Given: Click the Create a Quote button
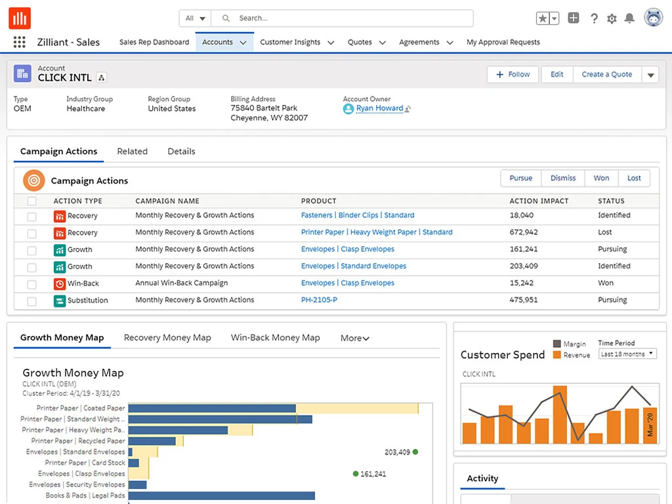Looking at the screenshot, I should pyautogui.click(x=606, y=75).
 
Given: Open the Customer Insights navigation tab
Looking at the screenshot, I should pyautogui.click(x=290, y=42).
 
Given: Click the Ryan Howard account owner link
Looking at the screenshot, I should pyautogui.click(x=379, y=108).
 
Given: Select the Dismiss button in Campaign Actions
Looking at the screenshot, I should pyautogui.click(x=562, y=178).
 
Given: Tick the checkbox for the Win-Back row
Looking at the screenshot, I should pyautogui.click(x=32, y=284).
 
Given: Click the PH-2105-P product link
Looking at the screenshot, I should pyautogui.click(x=319, y=300).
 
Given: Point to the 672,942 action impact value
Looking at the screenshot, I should pyautogui.click(x=524, y=232).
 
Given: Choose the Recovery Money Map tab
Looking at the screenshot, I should pyautogui.click(x=167, y=338).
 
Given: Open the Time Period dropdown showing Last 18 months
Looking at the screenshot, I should pyautogui.click(x=627, y=354).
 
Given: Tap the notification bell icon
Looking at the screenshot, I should pyautogui.click(x=629, y=18).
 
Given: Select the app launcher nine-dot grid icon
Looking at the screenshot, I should pyautogui.click(x=20, y=42).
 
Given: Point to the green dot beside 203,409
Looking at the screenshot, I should pyautogui.click(x=415, y=452).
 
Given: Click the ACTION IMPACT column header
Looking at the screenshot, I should pyautogui.click(x=539, y=201).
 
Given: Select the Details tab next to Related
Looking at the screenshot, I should pyautogui.click(x=181, y=152).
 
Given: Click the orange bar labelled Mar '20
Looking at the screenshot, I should pyautogui.click(x=650, y=425).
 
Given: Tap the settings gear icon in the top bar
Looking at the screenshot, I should pyautogui.click(x=612, y=18).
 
